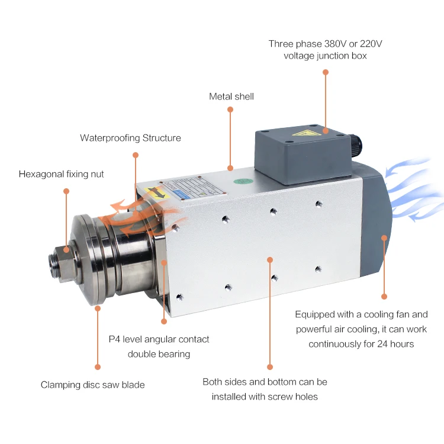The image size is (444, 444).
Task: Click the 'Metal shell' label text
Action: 231,96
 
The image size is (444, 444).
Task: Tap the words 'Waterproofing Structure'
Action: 130,138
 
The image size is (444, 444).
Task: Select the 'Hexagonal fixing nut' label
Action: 61,174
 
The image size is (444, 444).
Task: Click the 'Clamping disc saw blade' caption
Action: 92,385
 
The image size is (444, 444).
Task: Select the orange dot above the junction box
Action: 325,72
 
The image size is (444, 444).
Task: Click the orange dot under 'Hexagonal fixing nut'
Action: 66,191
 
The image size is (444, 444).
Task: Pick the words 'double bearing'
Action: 159,354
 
